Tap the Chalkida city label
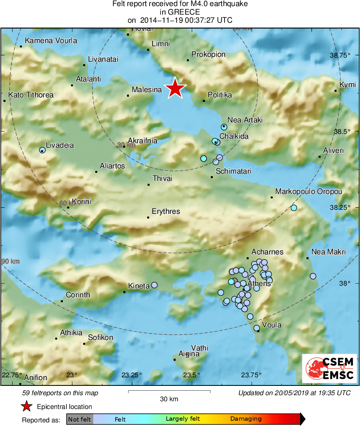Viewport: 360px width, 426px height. click(234, 136)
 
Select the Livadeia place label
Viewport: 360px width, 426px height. click(60, 145)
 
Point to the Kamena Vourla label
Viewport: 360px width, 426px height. click(51, 41)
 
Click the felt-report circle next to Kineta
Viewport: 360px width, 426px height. click(154, 285)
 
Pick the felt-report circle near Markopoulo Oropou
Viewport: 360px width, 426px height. click(294, 208)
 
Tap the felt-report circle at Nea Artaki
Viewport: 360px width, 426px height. click(224, 127)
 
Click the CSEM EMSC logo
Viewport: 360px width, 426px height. click(330, 368)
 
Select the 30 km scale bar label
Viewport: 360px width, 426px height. click(169, 399)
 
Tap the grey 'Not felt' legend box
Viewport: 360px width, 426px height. click(79, 419)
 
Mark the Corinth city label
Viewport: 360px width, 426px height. click(78, 295)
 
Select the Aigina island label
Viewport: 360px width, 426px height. click(189, 354)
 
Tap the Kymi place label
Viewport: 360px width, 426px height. click(347, 85)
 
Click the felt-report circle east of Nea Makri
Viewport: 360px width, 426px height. click(313, 276)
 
